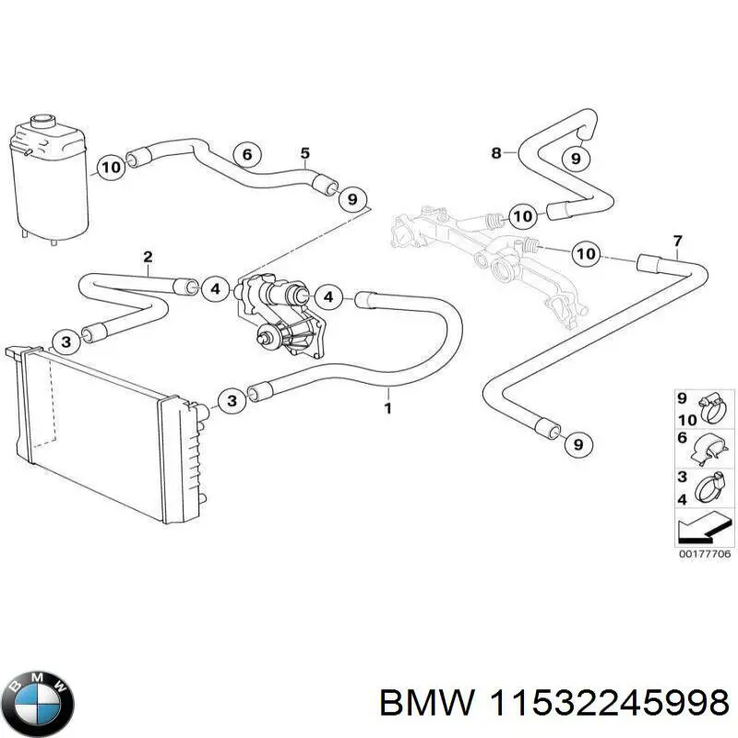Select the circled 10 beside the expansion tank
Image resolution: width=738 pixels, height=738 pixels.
coord(110,167)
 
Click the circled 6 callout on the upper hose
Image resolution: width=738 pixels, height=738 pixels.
coord(246,155)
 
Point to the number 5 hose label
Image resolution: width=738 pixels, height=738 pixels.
coord(304,153)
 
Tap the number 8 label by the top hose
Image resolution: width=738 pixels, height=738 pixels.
coord(496,153)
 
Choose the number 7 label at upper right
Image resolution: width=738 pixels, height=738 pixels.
coord(677,242)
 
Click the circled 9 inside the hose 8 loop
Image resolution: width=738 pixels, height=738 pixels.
coord(576,159)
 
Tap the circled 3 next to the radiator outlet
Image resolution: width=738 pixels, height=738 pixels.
coord(232,399)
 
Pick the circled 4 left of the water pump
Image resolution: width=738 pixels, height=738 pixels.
coord(214,290)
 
